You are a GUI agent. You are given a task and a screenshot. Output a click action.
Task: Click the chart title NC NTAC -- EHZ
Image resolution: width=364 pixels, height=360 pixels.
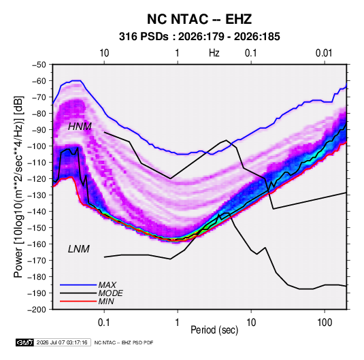[199, 19]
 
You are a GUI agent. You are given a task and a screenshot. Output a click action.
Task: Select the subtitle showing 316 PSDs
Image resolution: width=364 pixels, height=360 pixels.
[199, 37]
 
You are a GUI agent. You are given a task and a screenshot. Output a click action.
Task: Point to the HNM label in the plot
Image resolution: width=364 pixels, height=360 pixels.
[80, 127]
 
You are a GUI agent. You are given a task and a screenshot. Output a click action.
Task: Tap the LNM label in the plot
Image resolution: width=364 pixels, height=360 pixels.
[79, 249]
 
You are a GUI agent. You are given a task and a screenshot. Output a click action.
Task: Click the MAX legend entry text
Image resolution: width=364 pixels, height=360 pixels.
[107, 285]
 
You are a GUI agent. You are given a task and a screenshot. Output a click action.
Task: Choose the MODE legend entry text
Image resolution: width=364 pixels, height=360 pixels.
[110, 293]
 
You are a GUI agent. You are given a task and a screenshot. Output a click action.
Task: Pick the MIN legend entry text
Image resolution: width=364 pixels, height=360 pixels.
[106, 301]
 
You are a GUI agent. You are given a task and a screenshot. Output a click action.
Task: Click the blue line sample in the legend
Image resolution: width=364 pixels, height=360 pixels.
[78, 285]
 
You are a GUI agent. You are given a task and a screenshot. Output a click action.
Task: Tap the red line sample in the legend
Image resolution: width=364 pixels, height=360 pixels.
[78, 301]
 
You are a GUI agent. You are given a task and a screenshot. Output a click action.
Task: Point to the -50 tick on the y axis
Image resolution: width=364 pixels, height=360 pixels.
[39, 65]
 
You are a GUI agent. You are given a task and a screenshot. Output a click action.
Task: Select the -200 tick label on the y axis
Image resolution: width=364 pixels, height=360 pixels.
[37, 310]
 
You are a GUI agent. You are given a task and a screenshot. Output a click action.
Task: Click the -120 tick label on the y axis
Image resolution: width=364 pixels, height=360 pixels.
[37, 179]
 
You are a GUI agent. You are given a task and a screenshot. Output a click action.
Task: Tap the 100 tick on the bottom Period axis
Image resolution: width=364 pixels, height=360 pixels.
[325, 322]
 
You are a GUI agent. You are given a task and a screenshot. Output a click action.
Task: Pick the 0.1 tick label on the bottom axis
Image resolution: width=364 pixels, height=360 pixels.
[104, 322]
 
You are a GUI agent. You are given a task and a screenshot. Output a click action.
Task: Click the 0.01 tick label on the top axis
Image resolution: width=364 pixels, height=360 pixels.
[324, 53]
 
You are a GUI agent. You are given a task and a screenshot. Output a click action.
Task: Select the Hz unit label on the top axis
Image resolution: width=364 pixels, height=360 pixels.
[214, 53]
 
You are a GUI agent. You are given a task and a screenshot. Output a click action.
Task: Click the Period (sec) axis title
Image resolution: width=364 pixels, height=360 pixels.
[214, 330]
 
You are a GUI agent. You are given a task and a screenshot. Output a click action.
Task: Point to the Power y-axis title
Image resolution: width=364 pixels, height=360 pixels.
[18, 186]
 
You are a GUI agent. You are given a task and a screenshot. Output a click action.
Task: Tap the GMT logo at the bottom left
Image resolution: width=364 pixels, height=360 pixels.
[25, 342]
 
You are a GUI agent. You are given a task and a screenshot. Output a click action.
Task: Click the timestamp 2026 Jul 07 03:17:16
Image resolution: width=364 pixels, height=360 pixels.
[62, 342]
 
